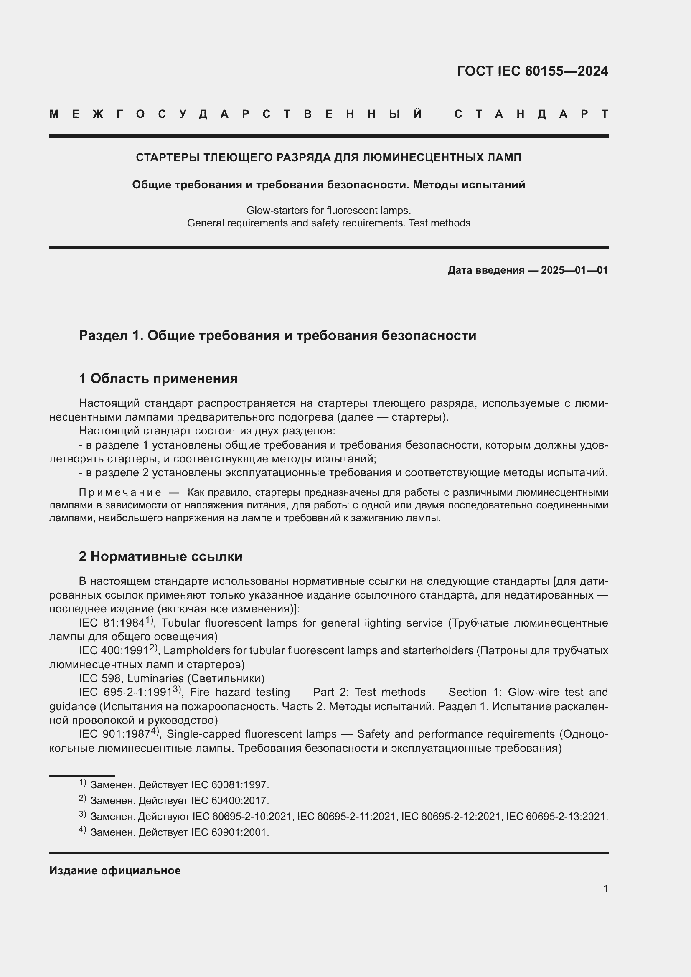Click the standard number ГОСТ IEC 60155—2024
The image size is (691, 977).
point(532,71)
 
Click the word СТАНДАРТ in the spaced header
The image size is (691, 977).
point(531,114)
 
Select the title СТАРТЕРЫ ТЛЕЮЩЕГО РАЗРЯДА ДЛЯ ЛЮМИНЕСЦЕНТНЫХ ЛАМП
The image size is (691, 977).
point(328,157)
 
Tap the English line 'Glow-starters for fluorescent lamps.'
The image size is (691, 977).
point(328,210)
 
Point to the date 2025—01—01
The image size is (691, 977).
point(574,270)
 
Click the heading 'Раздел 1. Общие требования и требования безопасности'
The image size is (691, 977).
point(277,336)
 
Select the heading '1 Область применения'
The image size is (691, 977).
point(158,378)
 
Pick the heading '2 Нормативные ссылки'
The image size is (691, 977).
point(160,556)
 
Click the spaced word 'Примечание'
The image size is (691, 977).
point(120,493)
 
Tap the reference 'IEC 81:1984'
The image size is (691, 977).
point(112,623)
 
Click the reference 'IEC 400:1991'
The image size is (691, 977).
point(114,651)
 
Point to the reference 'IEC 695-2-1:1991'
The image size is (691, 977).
point(125,692)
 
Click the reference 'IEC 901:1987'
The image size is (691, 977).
point(114,734)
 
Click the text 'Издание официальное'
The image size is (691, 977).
point(115,870)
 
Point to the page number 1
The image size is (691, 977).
point(605,889)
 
